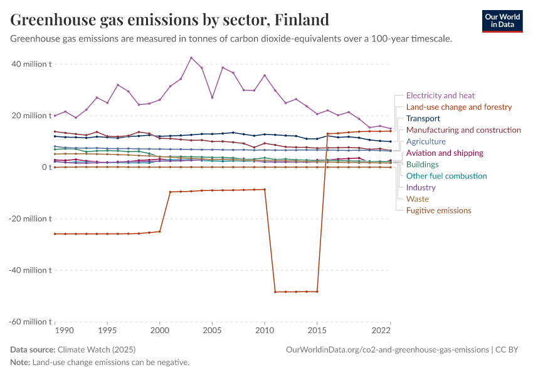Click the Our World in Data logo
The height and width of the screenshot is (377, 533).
pyautogui.click(x=502, y=21)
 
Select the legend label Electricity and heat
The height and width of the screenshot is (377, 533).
pyautogui.click(x=440, y=96)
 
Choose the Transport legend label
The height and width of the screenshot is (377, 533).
pyautogui.click(x=423, y=118)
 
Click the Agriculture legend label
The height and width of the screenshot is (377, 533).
pyautogui.click(x=426, y=141)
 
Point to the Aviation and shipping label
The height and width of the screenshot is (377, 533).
pyautogui.click(x=445, y=153)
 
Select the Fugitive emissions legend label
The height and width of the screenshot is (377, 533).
pyautogui.click(x=438, y=210)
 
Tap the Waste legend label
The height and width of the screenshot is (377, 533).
pyautogui.click(x=418, y=199)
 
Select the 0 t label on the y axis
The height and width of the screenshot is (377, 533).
pyautogui.click(x=46, y=167)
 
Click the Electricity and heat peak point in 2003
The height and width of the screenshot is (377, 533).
pyautogui.click(x=191, y=58)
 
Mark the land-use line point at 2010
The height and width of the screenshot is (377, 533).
pyautogui.click(x=265, y=189)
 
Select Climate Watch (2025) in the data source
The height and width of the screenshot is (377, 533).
pyautogui.click(x=96, y=349)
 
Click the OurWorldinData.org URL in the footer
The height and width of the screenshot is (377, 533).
pyautogui.click(x=387, y=349)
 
